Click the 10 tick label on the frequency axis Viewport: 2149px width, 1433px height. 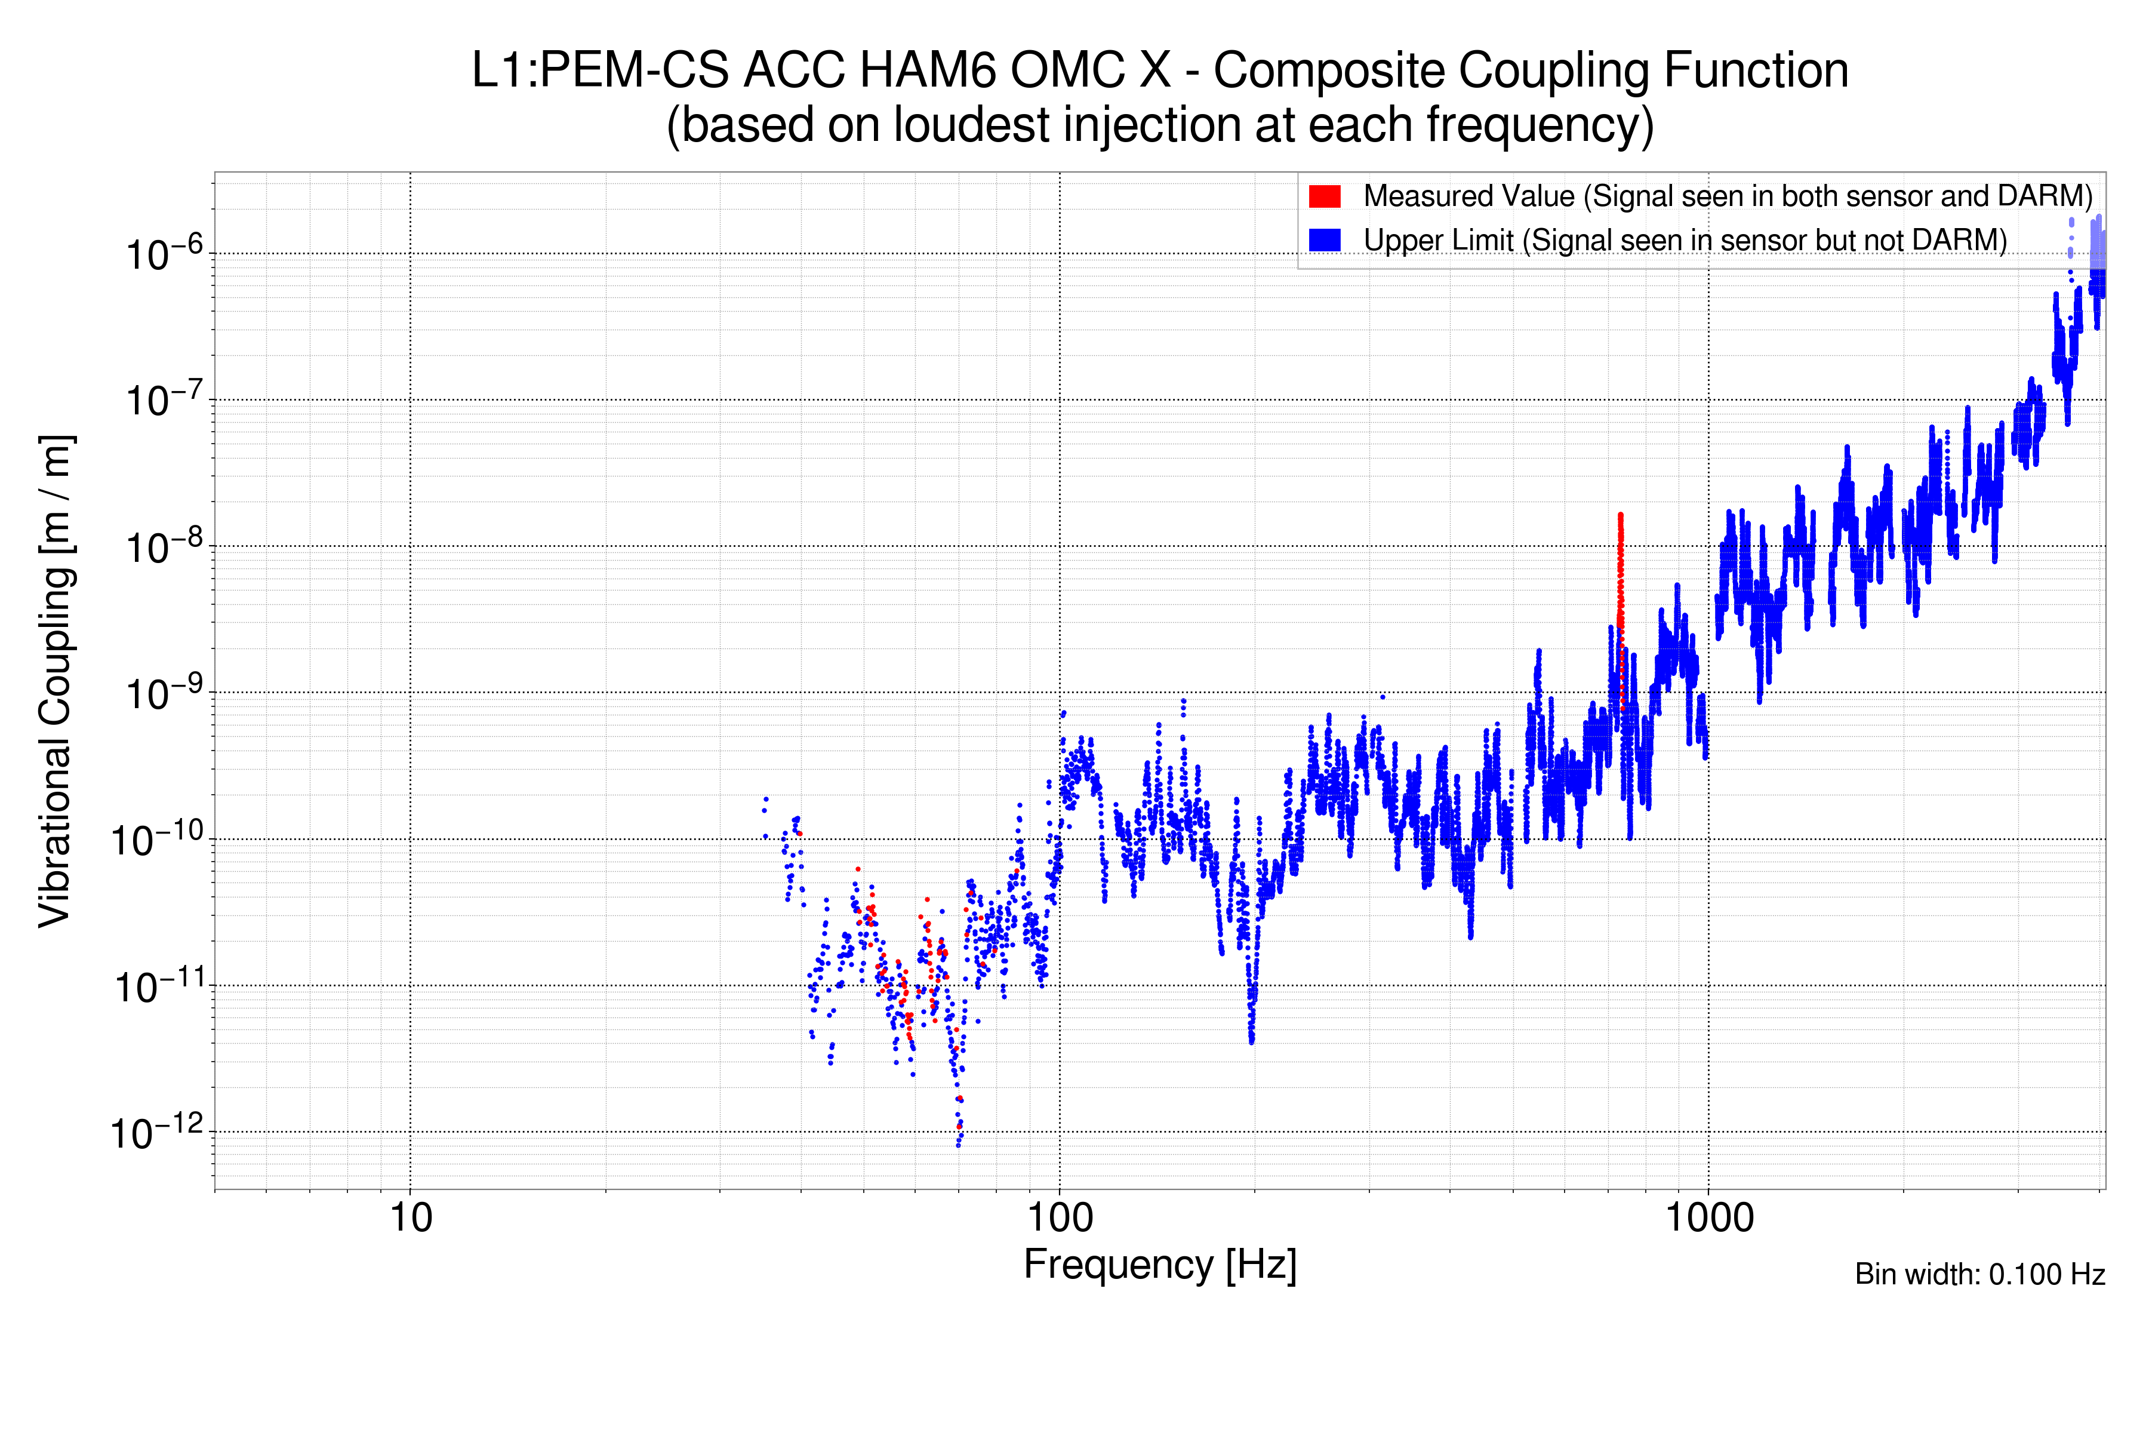[x=410, y=1218]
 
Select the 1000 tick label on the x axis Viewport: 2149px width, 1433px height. [x=1708, y=1218]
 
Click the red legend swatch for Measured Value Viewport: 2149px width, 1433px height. [x=1324, y=196]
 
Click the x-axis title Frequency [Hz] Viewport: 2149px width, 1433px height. [x=1159, y=1265]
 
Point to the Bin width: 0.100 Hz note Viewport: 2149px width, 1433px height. [x=1979, y=1274]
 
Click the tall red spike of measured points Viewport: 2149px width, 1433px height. [x=1620, y=585]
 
